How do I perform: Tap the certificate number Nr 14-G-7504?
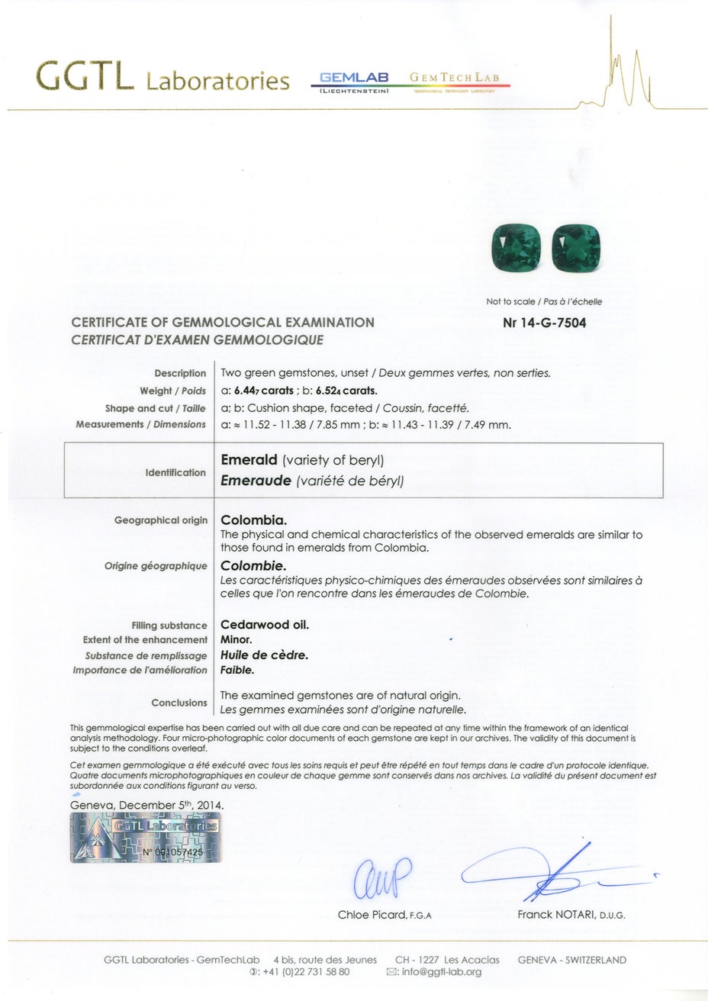click(545, 323)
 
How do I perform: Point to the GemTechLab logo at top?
click(454, 79)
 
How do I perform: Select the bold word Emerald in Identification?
click(249, 461)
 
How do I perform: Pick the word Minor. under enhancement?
click(236, 639)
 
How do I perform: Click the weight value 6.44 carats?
click(264, 391)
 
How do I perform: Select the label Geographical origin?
click(160, 520)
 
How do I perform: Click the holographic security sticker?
click(145, 837)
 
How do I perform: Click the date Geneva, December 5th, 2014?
click(147, 804)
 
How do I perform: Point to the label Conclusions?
click(179, 703)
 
